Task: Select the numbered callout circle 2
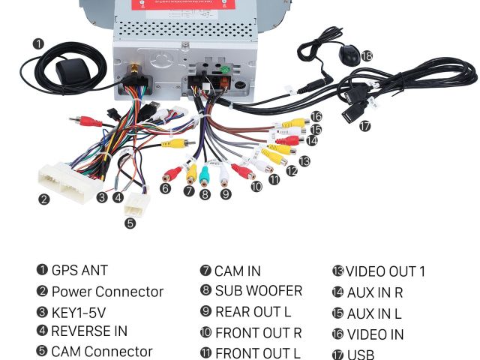pyautogui.click(x=44, y=199)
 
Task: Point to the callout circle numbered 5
pyautogui.click(x=130, y=223)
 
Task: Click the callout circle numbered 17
pyautogui.click(x=364, y=126)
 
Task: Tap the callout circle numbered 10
pyautogui.click(x=256, y=186)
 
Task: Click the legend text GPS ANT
pyautogui.click(x=79, y=271)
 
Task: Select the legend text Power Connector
pyautogui.click(x=106, y=292)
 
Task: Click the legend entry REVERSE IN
pyautogui.click(x=88, y=331)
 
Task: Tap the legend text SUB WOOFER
pyautogui.click(x=258, y=291)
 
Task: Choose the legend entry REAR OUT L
pyautogui.click(x=253, y=311)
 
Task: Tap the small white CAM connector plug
pyautogui.click(x=137, y=203)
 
